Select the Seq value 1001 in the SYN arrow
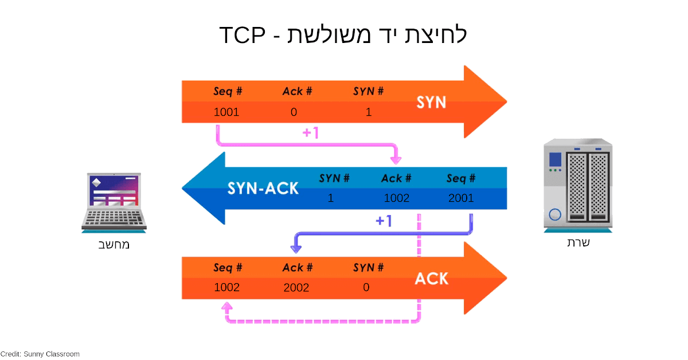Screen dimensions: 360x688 pyautogui.click(x=226, y=112)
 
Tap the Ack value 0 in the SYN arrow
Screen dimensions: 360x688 pyautogui.click(x=294, y=112)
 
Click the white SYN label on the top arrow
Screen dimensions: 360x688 pyautogui.click(x=431, y=103)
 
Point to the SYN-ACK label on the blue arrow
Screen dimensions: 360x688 pyautogui.click(x=263, y=188)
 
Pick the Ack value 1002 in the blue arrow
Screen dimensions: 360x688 pyautogui.click(x=397, y=198)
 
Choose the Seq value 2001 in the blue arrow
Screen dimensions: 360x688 pyautogui.click(x=461, y=198)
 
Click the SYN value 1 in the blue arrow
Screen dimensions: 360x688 pyautogui.click(x=331, y=198)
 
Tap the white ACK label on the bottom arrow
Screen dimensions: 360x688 pyautogui.click(x=431, y=279)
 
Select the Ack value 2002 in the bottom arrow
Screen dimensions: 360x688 pyautogui.click(x=296, y=288)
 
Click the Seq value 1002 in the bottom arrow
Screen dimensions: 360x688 pyautogui.click(x=226, y=287)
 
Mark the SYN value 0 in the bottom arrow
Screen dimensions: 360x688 pyautogui.click(x=366, y=287)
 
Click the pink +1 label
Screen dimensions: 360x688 pyautogui.click(x=310, y=133)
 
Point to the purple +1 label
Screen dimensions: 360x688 pyautogui.click(x=384, y=221)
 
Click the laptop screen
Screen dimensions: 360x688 pyautogui.click(x=114, y=191)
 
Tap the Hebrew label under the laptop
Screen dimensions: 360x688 pyautogui.click(x=114, y=245)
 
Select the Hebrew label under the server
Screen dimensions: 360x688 pyautogui.click(x=578, y=242)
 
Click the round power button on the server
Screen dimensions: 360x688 pyautogui.click(x=554, y=215)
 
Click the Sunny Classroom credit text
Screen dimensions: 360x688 pyautogui.click(x=40, y=354)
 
